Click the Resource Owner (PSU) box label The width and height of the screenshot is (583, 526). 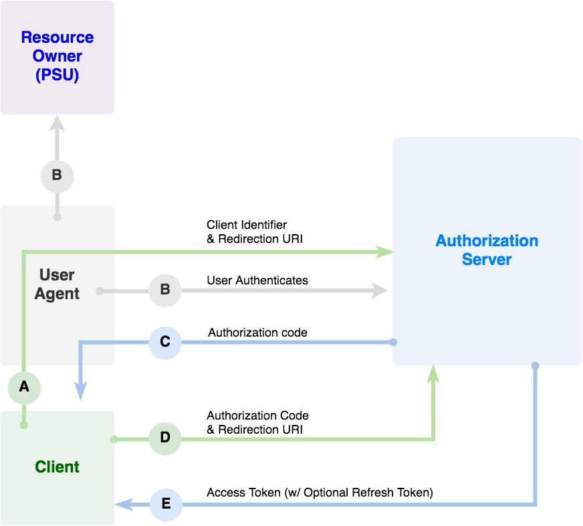[x=57, y=56]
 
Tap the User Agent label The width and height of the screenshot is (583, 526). [x=57, y=284]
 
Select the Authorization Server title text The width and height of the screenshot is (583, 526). [x=487, y=250]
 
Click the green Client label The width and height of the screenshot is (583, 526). [x=57, y=467]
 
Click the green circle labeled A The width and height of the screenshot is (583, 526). [x=24, y=387]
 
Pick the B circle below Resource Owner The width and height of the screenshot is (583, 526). [x=57, y=176]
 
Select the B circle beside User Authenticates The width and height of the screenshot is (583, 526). [x=164, y=290]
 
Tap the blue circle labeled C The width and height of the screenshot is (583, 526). [x=164, y=342]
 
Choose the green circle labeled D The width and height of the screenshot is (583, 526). [x=164, y=439]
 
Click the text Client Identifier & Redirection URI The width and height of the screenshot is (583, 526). [x=254, y=232]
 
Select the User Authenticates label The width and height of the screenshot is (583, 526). [x=257, y=280]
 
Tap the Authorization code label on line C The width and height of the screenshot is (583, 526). [x=257, y=333]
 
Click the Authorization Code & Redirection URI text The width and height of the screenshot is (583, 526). [x=257, y=422]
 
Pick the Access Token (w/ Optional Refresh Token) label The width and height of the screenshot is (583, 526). [x=320, y=493]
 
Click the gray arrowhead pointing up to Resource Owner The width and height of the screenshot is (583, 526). [x=57, y=123]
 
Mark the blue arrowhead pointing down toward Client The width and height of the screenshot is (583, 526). [x=81, y=391]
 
